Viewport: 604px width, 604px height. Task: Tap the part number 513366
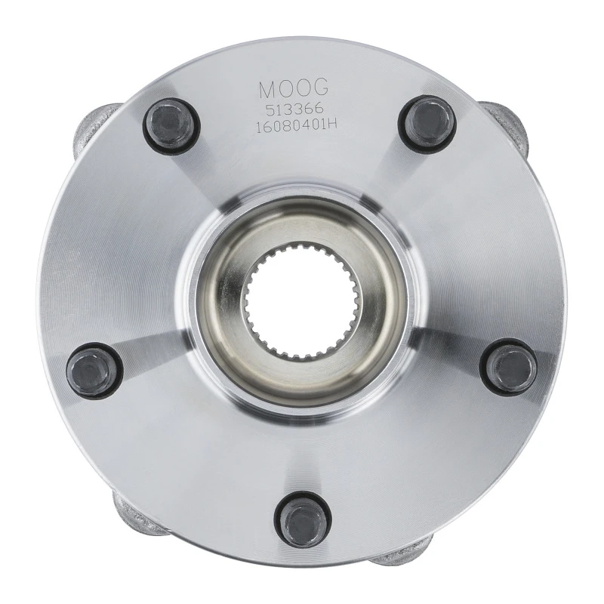(294, 109)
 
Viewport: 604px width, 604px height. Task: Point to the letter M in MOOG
(268, 88)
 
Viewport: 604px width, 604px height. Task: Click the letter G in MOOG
(320, 88)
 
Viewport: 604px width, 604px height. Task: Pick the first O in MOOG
(286, 88)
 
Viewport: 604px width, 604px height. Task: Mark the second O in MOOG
(303, 88)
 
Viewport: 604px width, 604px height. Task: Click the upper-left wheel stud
(172, 125)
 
